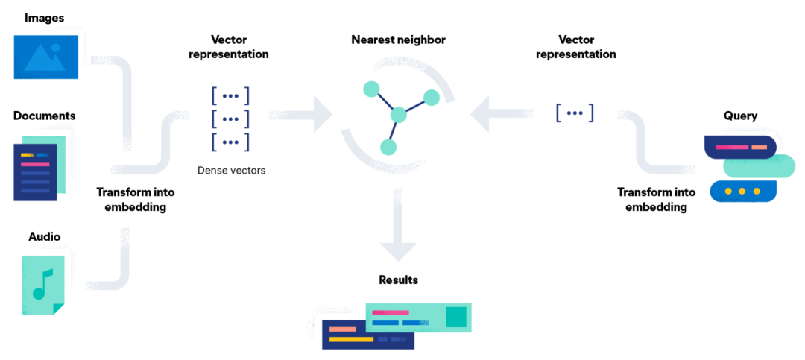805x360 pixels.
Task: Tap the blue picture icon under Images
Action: click(x=46, y=56)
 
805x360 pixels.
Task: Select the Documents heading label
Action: click(x=44, y=116)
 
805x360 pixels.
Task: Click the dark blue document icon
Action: click(x=34, y=172)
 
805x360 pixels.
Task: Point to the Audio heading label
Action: click(x=44, y=236)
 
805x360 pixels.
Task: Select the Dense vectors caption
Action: click(x=231, y=171)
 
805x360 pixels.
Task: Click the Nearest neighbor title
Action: click(x=398, y=40)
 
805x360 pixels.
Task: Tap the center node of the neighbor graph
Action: click(x=398, y=115)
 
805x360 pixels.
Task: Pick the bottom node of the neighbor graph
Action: click(x=388, y=147)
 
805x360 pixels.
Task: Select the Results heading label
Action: click(x=398, y=280)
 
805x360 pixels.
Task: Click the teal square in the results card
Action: click(x=455, y=317)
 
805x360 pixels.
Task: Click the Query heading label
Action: click(x=740, y=116)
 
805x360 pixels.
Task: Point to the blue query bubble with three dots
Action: click(x=742, y=192)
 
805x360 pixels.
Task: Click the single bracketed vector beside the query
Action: click(x=575, y=113)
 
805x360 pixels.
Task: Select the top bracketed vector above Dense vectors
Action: click(x=230, y=95)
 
